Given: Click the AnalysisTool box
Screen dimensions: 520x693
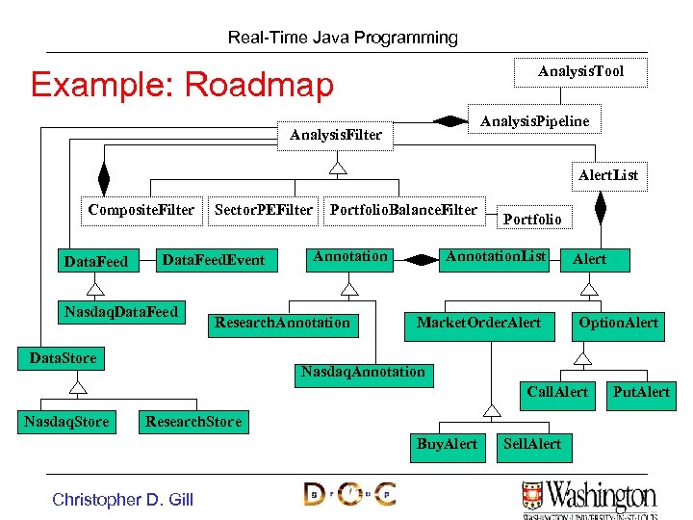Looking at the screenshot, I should (x=580, y=72).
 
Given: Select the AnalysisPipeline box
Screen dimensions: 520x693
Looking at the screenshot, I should (x=534, y=120).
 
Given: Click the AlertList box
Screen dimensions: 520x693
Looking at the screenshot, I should (x=607, y=175).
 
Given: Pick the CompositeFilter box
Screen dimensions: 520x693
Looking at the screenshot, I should (x=141, y=210).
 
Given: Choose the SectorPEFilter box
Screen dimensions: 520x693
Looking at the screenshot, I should (x=264, y=210).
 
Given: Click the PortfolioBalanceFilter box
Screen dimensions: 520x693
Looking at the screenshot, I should (x=403, y=210).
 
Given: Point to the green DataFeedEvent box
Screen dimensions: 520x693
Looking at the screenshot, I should (x=214, y=260).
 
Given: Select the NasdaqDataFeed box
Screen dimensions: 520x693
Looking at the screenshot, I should (x=120, y=312).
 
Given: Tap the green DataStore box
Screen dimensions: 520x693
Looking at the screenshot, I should (x=64, y=358).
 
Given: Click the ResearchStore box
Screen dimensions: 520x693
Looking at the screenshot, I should (x=193, y=421).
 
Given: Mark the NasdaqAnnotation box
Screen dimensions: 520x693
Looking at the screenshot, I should (x=363, y=372).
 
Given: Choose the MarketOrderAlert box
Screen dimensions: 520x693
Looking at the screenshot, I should (x=478, y=323).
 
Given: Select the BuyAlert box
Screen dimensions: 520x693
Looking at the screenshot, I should (x=447, y=444).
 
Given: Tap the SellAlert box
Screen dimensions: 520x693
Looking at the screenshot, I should (x=532, y=444).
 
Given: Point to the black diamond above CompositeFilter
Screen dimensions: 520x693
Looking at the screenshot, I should (x=103, y=178).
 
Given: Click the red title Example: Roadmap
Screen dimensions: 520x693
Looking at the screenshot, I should (x=181, y=85).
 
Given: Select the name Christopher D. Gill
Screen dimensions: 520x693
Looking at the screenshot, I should (x=122, y=499).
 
